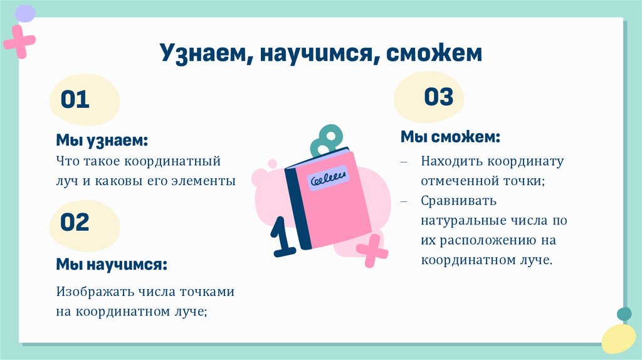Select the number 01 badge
coord(76,100)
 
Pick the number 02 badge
coord(75,222)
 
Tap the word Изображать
coord(90,292)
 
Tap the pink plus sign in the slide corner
coord(19,41)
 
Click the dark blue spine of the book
coord(298,207)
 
